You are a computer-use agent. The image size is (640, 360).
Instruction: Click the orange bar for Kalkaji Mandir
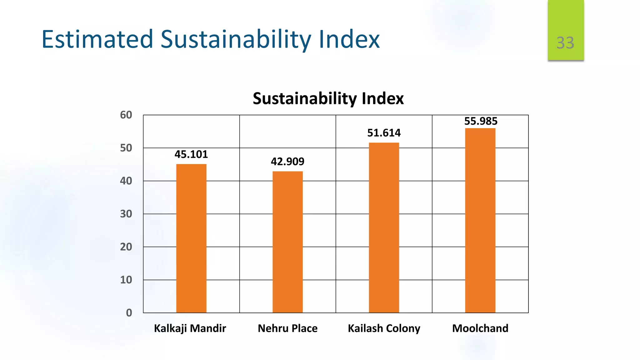pyautogui.click(x=191, y=238)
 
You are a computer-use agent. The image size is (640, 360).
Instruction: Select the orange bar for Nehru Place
pyautogui.click(x=287, y=242)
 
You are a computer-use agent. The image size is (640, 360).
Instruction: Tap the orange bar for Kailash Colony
pyautogui.click(x=384, y=227)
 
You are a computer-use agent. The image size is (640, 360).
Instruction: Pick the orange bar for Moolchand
pyautogui.click(x=480, y=220)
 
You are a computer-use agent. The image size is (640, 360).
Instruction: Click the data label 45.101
pyautogui.click(x=191, y=154)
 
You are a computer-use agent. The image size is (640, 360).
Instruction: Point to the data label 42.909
pyautogui.click(x=287, y=162)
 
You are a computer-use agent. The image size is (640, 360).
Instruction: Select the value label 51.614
pyautogui.click(x=384, y=133)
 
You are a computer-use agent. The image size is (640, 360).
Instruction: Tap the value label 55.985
pyautogui.click(x=481, y=121)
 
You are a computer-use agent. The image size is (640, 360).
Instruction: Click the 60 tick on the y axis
pyautogui.click(x=126, y=115)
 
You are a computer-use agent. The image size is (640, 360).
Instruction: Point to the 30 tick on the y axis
pyautogui.click(x=126, y=214)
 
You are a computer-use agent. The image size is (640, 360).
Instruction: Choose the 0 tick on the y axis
pyautogui.click(x=129, y=313)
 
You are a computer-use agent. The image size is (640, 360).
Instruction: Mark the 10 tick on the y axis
pyautogui.click(x=126, y=280)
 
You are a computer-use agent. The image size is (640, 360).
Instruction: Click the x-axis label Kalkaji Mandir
pyautogui.click(x=190, y=328)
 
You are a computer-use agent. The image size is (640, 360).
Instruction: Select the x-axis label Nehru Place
pyautogui.click(x=287, y=328)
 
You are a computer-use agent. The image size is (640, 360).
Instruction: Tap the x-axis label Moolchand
pyautogui.click(x=480, y=328)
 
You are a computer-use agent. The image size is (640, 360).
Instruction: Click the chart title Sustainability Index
pyautogui.click(x=328, y=99)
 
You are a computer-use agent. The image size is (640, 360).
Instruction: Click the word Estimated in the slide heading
pyautogui.click(x=97, y=39)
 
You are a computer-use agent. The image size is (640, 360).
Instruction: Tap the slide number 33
pyautogui.click(x=565, y=43)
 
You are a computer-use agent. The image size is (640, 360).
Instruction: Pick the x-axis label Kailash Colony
pyautogui.click(x=384, y=328)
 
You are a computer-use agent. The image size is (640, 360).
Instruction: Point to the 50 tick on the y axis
pyautogui.click(x=126, y=148)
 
